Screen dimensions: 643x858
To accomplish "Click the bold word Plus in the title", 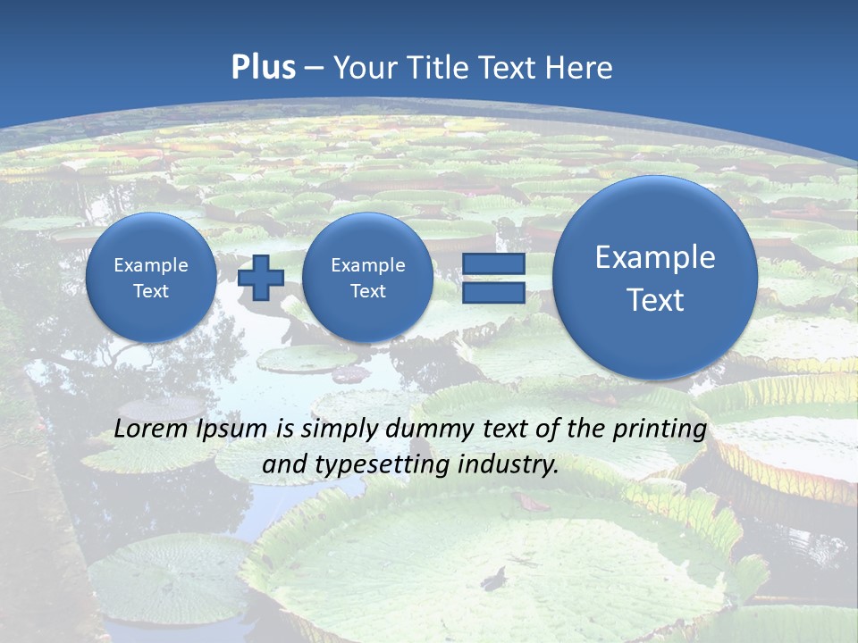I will tap(263, 68).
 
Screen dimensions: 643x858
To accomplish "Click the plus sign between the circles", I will tap(260, 278).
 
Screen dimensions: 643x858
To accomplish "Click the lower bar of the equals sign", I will tap(493, 292).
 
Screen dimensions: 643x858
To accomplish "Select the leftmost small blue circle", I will tap(151, 278).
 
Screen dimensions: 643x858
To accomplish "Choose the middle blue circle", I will tap(367, 278).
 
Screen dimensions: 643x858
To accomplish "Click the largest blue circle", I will tap(655, 278).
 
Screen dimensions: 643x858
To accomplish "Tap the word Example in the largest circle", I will tap(655, 257).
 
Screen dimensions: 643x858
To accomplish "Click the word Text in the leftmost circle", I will tap(151, 291).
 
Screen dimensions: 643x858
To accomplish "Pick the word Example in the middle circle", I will tap(367, 265).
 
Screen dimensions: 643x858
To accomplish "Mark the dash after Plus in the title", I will tap(314, 69).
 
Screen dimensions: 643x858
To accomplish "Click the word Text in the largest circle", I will tap(655, 300).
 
